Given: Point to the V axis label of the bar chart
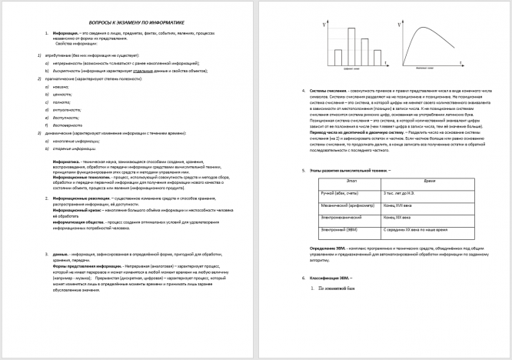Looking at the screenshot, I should pos(326,26).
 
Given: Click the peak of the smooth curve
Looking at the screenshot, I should pos(426,29).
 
